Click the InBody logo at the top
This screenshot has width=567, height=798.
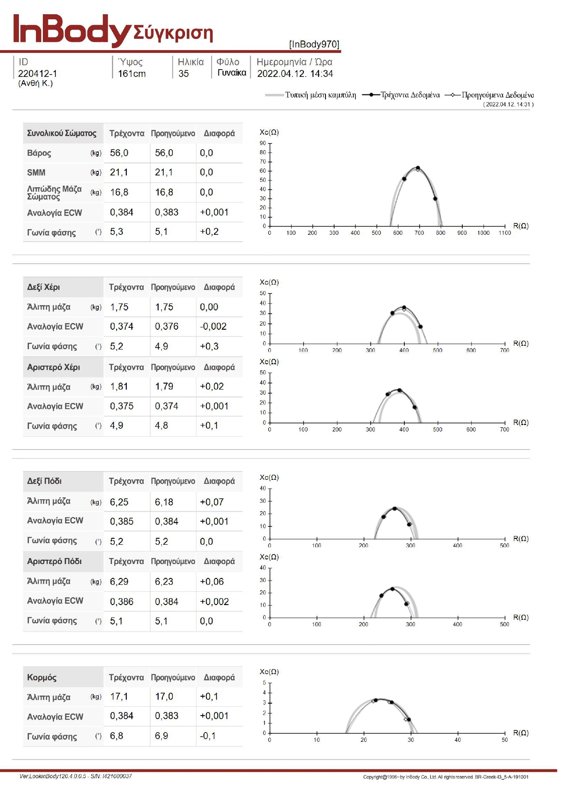[71, 30]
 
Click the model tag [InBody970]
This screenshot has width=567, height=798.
[314, 44]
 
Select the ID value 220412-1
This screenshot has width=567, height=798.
[38, 74]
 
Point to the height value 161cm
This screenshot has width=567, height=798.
[132, 74]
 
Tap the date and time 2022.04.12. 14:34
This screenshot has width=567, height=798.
[295, 74]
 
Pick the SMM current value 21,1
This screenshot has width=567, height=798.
[119, 172]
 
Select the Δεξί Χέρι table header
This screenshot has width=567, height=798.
[43, 287]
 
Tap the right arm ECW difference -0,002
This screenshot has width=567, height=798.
[213, 326]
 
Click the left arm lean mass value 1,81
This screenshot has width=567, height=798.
[119, 386]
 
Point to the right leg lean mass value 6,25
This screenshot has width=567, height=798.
[119, 502]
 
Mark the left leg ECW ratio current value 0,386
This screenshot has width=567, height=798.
[122, 601]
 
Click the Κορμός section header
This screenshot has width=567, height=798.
[42, 677]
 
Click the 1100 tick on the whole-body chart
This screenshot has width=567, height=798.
[505, 233]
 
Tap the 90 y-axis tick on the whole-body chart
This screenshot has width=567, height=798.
[263, 143]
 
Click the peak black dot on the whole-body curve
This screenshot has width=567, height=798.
[418, 168]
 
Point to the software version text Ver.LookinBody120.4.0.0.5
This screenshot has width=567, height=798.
[53, 776]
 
